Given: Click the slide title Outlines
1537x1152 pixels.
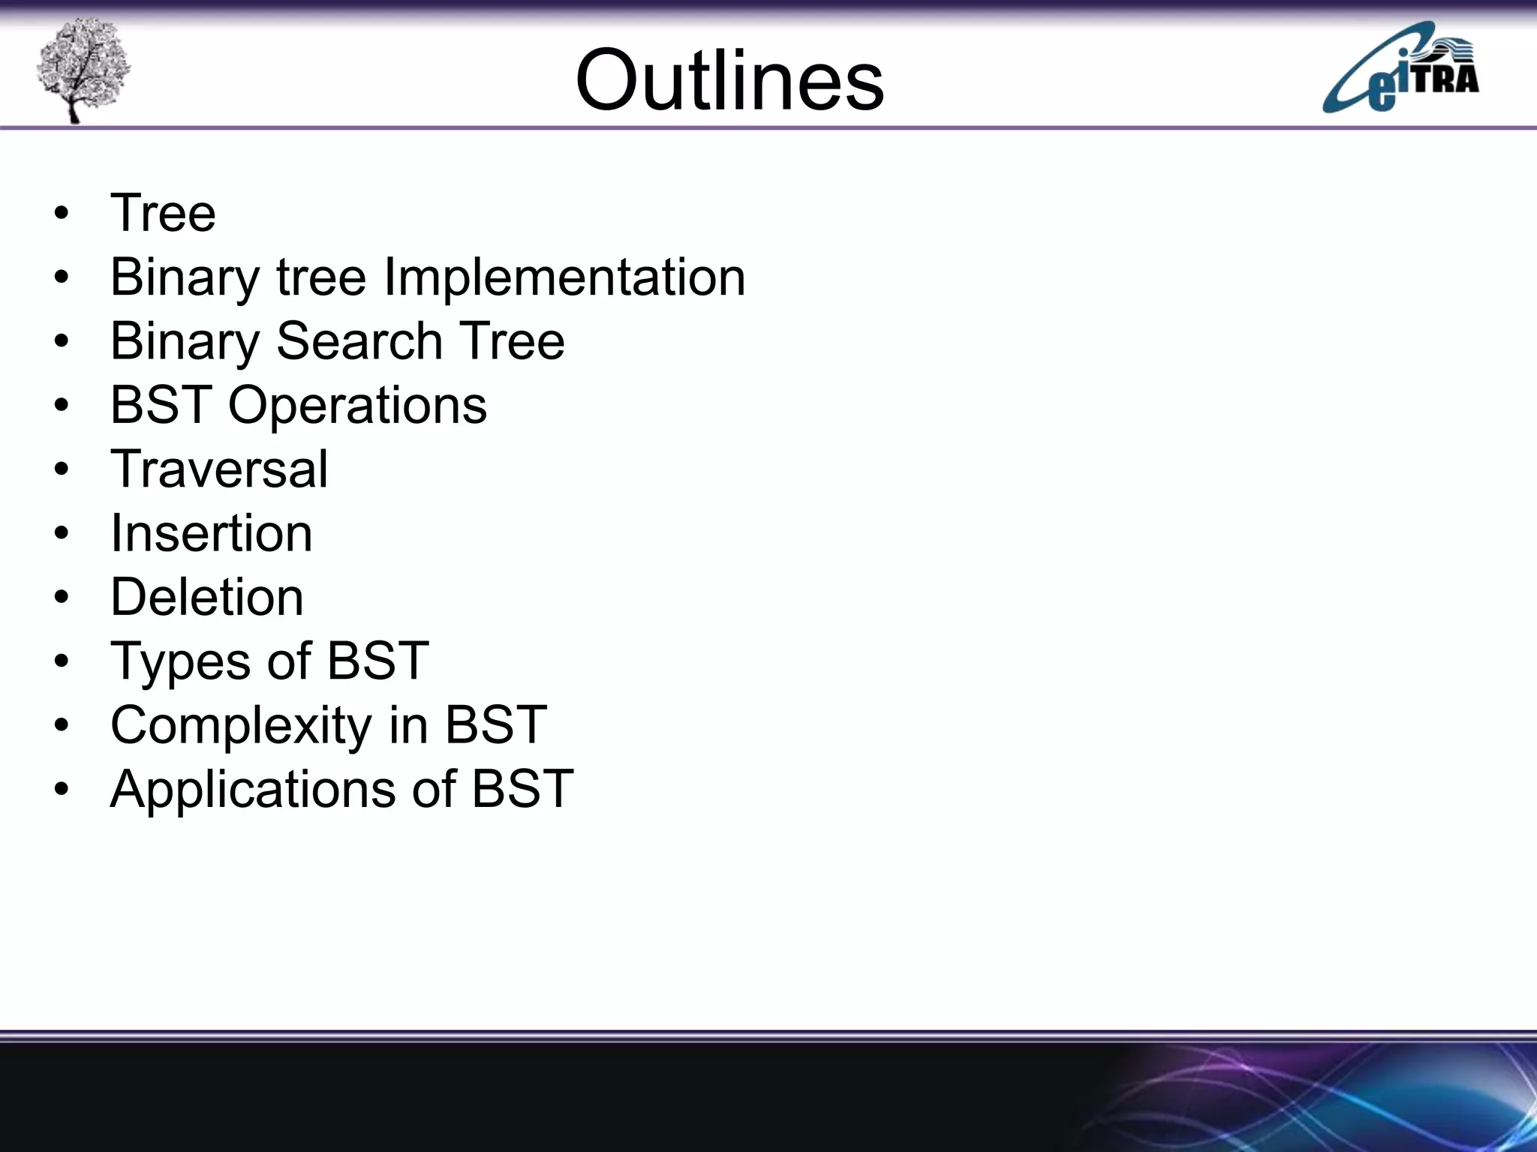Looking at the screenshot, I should coord(729,79).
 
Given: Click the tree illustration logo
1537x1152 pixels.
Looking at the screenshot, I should coord(83,69).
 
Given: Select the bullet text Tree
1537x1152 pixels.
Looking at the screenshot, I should coord(163,213).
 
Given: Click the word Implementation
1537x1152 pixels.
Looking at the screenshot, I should coord(564,277).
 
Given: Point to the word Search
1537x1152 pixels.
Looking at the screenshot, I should coord(359,341).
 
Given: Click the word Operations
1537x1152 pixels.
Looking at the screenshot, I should coord(357,406).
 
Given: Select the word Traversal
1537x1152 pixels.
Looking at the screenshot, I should coord(219,469).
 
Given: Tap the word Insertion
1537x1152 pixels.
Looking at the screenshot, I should coord(211,533).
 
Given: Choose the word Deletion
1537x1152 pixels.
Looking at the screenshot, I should coord(207,598).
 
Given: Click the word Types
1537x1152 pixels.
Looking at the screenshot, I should coord(181,662).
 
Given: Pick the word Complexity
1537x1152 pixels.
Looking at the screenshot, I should coord(241,726).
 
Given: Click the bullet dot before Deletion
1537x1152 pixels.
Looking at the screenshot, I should coord(62,598).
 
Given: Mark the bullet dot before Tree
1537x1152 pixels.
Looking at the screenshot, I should coord(62,214).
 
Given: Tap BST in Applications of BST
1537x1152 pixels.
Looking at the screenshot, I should coord(522,789).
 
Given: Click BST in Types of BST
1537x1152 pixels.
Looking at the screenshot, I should coord(377,661).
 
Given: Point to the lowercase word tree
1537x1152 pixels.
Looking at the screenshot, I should coord(321,277).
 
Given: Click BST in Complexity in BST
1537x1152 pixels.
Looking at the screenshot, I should coord(495,725).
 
